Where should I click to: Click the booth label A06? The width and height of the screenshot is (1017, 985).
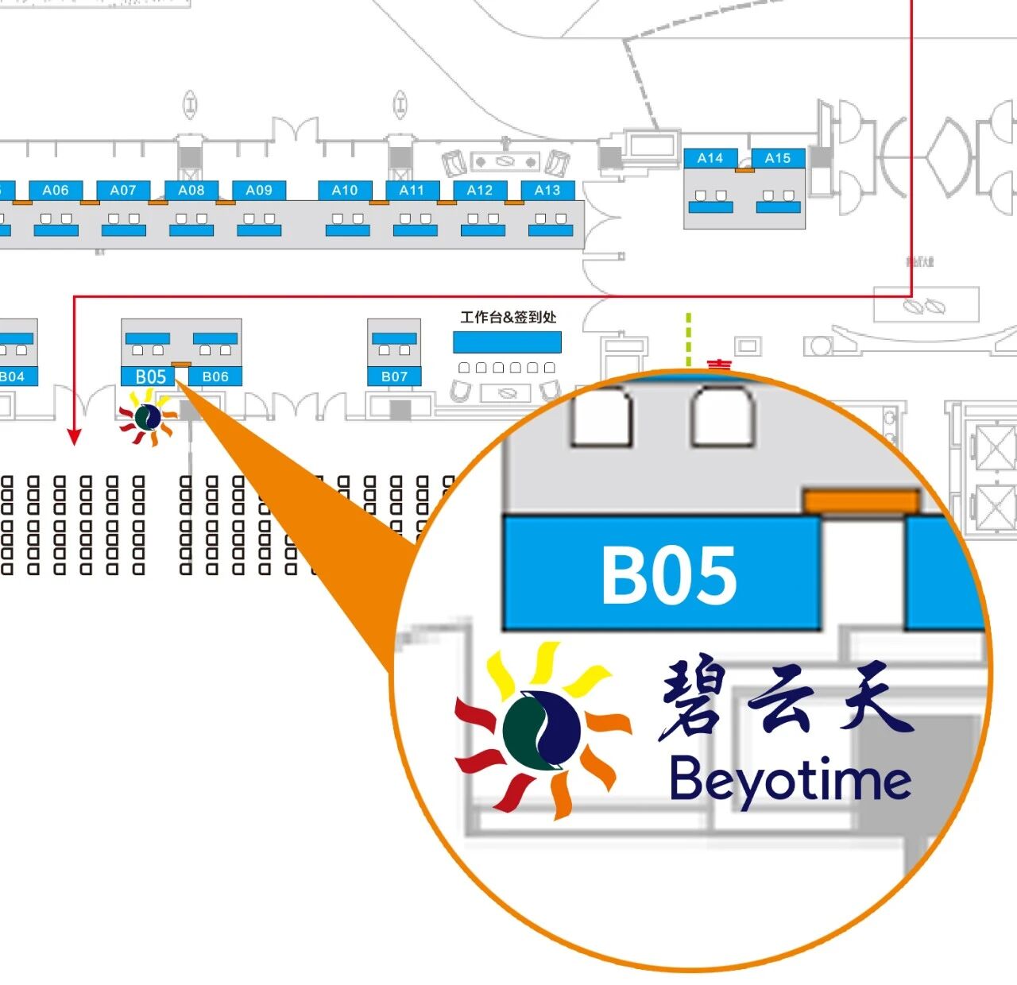56,191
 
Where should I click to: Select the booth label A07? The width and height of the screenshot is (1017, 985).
123,191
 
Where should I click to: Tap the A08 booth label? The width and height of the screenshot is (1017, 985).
191,191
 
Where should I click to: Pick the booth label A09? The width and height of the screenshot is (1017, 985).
259,191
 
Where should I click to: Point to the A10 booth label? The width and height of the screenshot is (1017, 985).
345,191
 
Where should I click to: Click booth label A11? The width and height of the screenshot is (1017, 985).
412,191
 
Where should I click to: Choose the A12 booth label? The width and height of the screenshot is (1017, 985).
480,191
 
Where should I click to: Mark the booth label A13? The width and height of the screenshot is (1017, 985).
547,191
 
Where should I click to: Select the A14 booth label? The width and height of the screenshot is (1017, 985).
710,159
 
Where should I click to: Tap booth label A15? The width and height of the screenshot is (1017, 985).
778,159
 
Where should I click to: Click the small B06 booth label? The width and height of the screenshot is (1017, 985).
215,377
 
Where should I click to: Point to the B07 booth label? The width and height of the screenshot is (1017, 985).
394,377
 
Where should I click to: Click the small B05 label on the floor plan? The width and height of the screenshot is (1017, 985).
150,377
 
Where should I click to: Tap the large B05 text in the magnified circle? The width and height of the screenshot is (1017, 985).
669,575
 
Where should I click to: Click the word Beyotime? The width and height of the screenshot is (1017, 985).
791,780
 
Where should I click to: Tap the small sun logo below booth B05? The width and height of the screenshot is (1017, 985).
147,418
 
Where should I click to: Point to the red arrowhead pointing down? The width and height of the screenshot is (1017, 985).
74,437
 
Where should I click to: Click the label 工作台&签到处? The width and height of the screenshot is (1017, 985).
508,318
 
